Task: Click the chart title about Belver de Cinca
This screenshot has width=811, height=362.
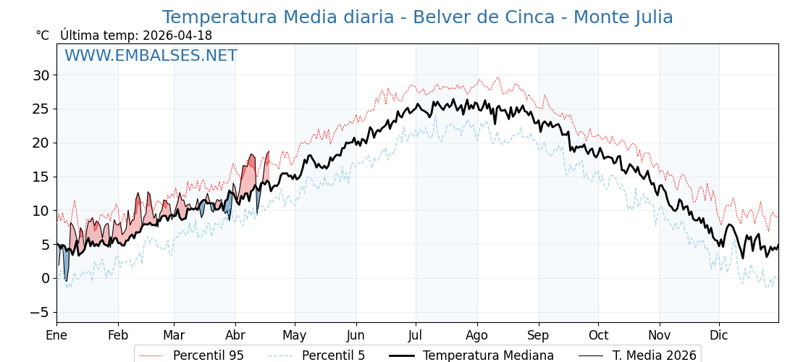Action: coord(417,17)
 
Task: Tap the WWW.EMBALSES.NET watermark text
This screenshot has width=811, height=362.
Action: coord(151,56)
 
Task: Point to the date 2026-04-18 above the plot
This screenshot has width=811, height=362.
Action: coord(177,35)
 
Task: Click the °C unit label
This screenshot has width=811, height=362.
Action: coord(43,35)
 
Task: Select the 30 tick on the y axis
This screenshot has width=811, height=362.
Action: coord(41,75)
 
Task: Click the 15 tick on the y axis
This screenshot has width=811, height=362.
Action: coord(41,177)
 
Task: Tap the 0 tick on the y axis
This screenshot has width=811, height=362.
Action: coord(45,278)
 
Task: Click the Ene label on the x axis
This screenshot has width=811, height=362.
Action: coord(56,335)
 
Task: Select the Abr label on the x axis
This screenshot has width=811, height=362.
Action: coord(235,335)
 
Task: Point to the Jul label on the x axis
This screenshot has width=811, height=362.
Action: coord(416,335)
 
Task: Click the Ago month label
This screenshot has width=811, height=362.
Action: coord(477,335)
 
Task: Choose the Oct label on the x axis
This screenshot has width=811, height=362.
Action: coord(598,335)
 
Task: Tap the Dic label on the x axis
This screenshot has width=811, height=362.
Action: coord(719,335)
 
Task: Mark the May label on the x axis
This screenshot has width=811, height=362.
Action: coord(295,335)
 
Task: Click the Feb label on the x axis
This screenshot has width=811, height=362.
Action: coord(118,335)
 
